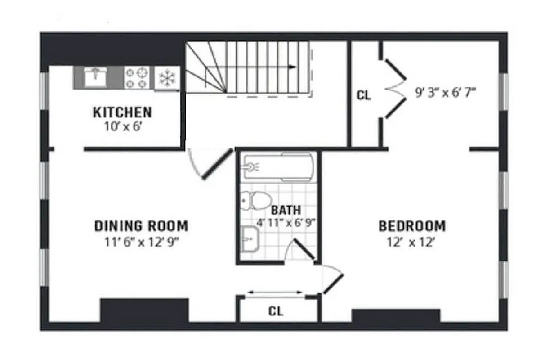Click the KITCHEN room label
[122, 112]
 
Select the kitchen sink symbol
[96, 77]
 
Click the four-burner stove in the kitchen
[136, 77]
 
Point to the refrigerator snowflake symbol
[167, 78]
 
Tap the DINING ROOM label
[141, 225]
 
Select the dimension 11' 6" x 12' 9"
[141, 242]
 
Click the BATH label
[286, 210]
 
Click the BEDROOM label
[412, 225]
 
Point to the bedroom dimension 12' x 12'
[412, 242]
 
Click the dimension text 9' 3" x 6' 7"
[445, 94]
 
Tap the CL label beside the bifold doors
[364, 95]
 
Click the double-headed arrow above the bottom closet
[276, 292]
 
